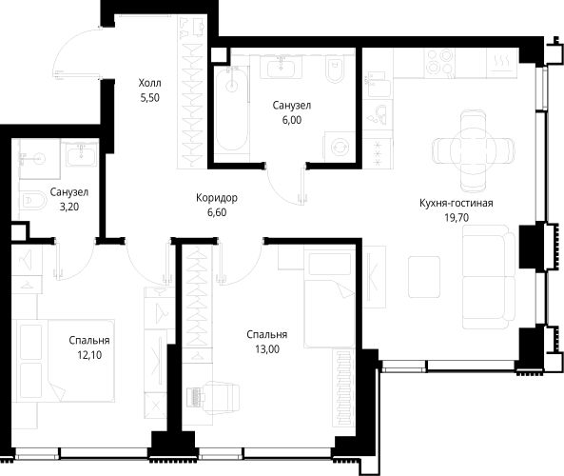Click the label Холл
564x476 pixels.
coord(150,83)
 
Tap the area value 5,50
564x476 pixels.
coord(150,98)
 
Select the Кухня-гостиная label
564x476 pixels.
coord(457,203)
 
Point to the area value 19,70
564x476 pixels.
coord(457,218)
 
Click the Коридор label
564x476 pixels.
coord(217,198)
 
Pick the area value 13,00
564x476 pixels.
coord(267,349)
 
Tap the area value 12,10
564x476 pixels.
coord(89,355)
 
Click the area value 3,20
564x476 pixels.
coord(69,207)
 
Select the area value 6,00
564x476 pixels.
coord(292,120)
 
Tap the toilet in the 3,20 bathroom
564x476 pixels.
coord(32,201)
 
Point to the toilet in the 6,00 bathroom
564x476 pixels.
coord(335,69)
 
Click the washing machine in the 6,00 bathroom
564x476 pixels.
coord(340,147)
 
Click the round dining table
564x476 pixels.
coord(473,150)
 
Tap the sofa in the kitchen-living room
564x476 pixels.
coord(489,277)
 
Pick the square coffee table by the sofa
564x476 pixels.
coord(424,277)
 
